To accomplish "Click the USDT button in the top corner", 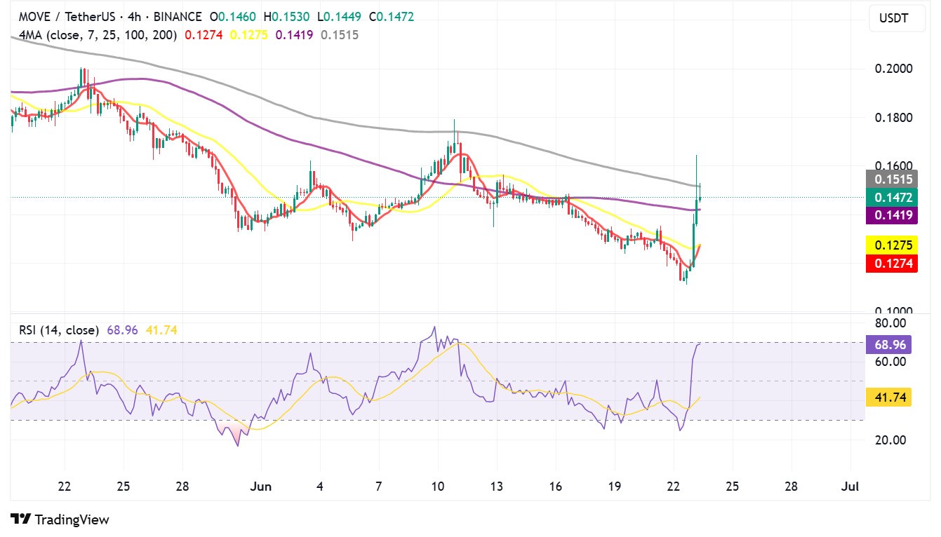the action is (893, 18).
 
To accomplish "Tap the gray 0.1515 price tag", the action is (892, 179).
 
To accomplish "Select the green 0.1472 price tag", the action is (892, 198).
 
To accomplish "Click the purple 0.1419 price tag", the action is (892, 215).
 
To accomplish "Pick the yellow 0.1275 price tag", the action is (892, 246).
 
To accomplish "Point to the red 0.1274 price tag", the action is (892, 264).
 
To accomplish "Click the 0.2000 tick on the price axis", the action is (893, 69).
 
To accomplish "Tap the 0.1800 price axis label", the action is (893, 117).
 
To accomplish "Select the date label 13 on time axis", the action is (497, 486).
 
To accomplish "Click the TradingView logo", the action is (60, 519).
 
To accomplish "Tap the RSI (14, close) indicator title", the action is (58, 329).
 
